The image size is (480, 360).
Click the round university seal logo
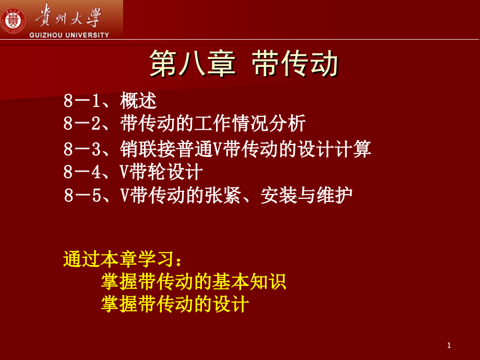tap(13, 19)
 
